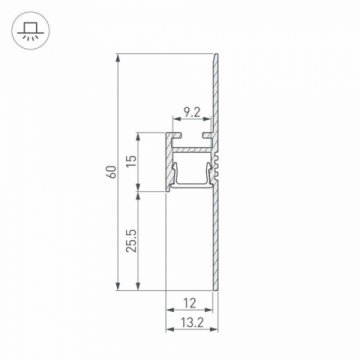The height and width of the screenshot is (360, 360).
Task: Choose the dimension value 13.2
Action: point(189,322)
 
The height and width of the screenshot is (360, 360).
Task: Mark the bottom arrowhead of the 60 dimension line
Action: point(120,290)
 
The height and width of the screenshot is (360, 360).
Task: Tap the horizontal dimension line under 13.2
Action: point(189,332)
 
